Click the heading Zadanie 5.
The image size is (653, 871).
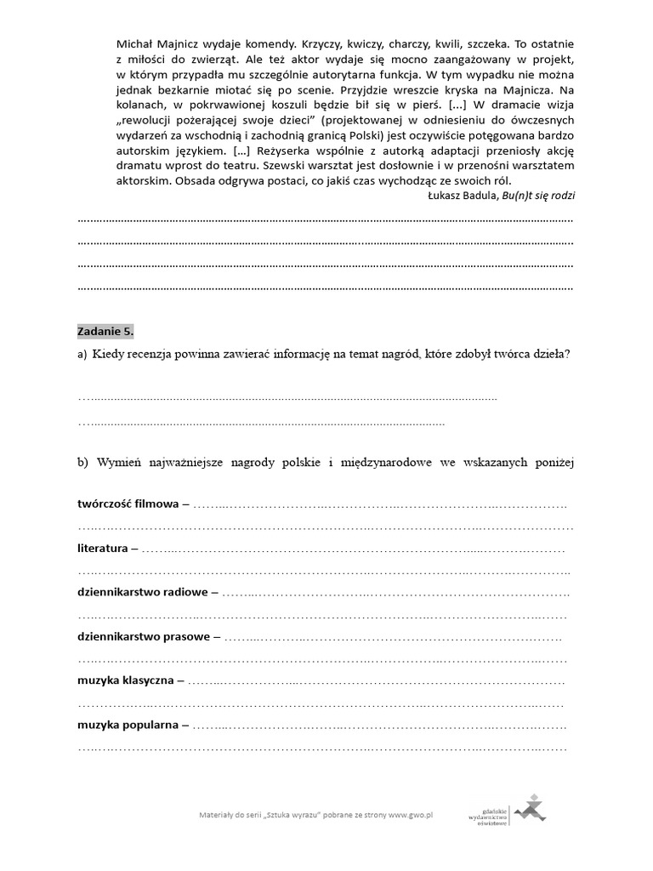(x=105, y=330)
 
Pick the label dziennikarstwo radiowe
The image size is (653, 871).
(x=142, y=592)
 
